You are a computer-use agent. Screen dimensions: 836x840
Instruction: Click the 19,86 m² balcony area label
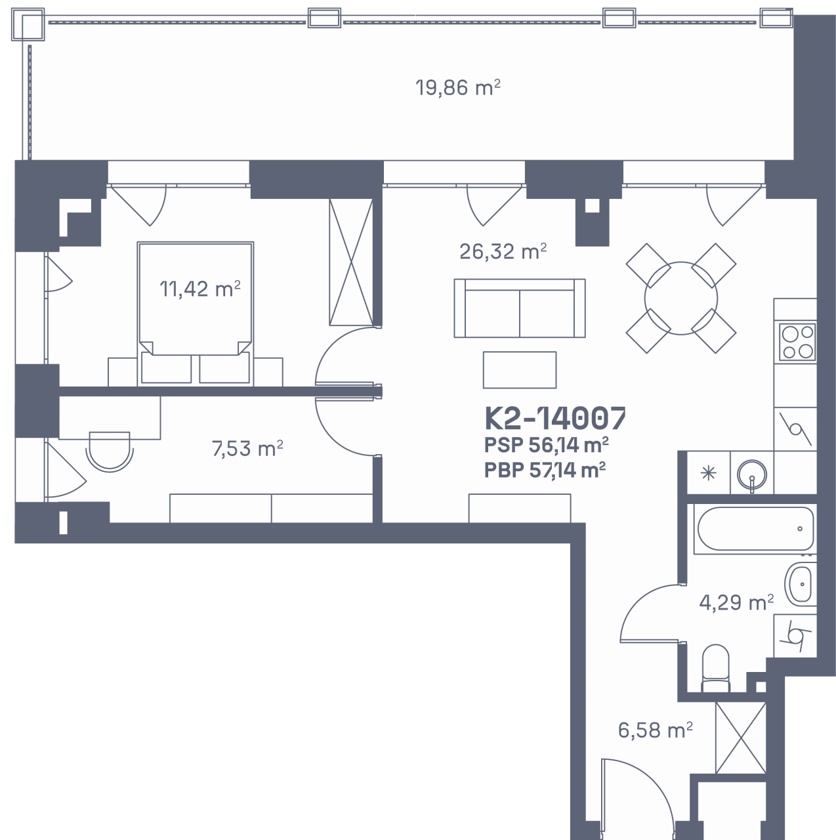coord(457,88)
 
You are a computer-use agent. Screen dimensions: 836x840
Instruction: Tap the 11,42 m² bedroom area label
coord(200,289)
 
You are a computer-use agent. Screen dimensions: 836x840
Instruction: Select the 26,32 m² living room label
coord(503,251)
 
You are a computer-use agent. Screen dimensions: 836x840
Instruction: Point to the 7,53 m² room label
coord(247,448)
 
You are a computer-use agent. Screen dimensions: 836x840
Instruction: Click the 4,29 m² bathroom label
coord(736,602)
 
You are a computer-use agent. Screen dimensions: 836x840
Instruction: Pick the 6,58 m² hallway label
coord(655,730)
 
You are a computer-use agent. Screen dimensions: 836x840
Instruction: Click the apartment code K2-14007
coord(555,419)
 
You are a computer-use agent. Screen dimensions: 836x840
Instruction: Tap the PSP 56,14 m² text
coord(546,446)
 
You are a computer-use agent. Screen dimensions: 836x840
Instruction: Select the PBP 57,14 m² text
coord(545,470)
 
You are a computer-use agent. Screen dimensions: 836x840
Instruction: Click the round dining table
coord(681,298)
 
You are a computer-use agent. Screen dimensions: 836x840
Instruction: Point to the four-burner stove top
coord(797,342)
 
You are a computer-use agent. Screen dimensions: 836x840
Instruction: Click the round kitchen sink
coord(752,473)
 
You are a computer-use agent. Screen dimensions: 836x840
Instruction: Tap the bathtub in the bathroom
coord(755,529)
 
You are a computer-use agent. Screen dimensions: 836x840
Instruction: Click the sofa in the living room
coord(520,308)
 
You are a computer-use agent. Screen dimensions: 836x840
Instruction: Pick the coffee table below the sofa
coord(520,369)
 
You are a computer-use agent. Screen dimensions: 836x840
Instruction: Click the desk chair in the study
coord(110,451)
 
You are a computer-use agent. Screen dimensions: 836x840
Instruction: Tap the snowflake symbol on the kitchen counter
coord(708,473)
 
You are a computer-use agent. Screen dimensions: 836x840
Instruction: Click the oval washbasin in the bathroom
coord(801,583)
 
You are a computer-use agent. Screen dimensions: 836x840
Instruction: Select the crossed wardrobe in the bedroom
coord(351,262)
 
